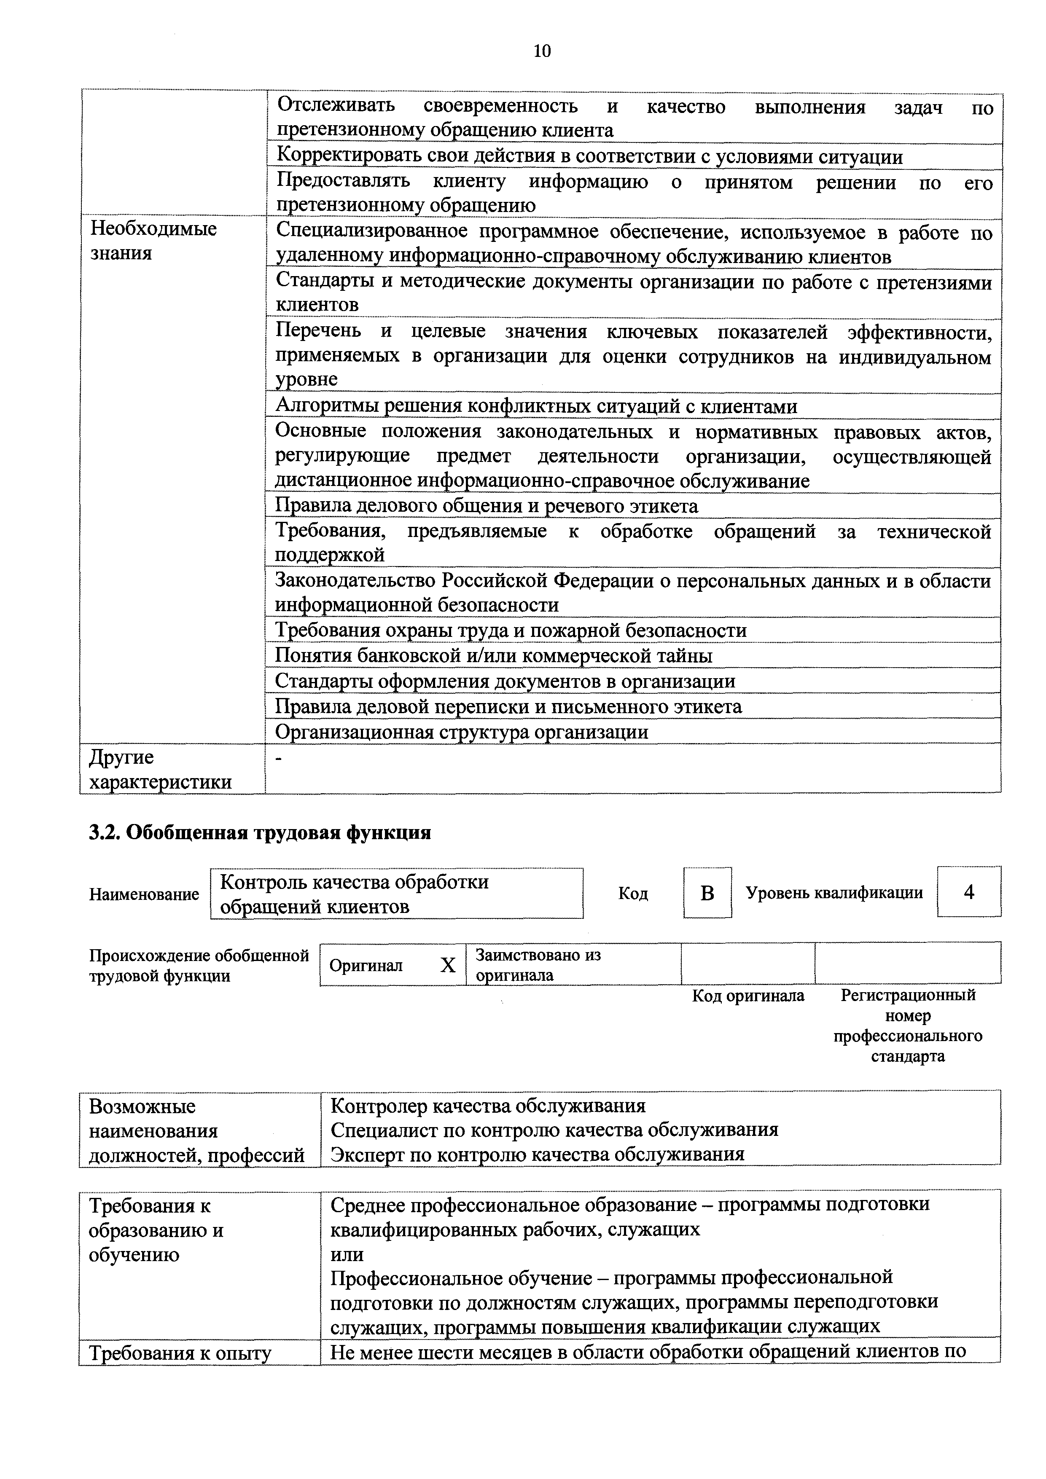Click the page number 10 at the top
(542, 51)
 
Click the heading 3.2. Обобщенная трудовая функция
(260, 833)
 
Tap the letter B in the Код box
(707, 893)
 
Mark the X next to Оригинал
(447, 965)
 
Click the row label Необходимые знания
(153, 240)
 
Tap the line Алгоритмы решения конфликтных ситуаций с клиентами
(536, 406)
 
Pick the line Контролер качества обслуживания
(488, 1106)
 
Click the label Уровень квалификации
(834, 893)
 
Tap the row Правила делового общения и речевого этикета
(487, 506)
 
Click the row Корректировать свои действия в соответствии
(589, 157)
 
